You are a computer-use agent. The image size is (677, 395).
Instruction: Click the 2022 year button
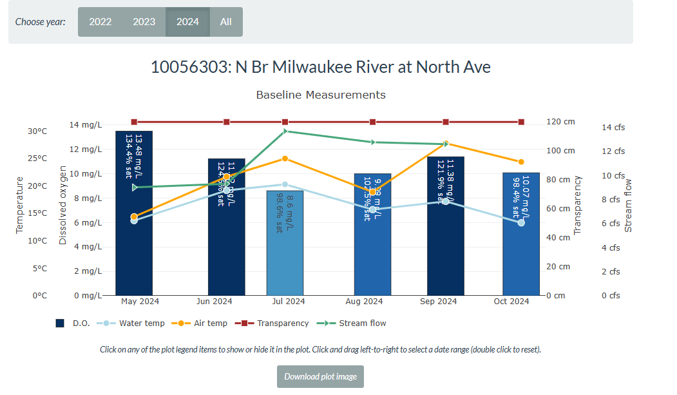(x=100, y=22)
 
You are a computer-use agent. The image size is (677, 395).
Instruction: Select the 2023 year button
(x=144, y=22)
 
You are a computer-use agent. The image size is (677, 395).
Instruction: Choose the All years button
(x=225, y=22)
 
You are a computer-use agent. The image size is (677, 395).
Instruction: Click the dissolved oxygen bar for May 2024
(x=134, y=245)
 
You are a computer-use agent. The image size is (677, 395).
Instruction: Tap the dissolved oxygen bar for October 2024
(x=520, y=258)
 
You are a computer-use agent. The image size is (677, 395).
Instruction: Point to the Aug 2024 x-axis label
(x=364, y=302)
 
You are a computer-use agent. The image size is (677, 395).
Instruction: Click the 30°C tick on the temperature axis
(x=37, y=131)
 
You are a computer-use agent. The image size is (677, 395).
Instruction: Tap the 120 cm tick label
(x=560, y=122)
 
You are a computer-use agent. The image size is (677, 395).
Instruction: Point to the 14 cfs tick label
(x=613, y=128)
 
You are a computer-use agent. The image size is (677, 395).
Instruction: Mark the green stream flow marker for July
(x=285, y=131)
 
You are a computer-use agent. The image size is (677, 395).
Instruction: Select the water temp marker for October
(x=521, y=222)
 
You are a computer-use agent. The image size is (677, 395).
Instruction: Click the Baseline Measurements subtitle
(x=321, y=95)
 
